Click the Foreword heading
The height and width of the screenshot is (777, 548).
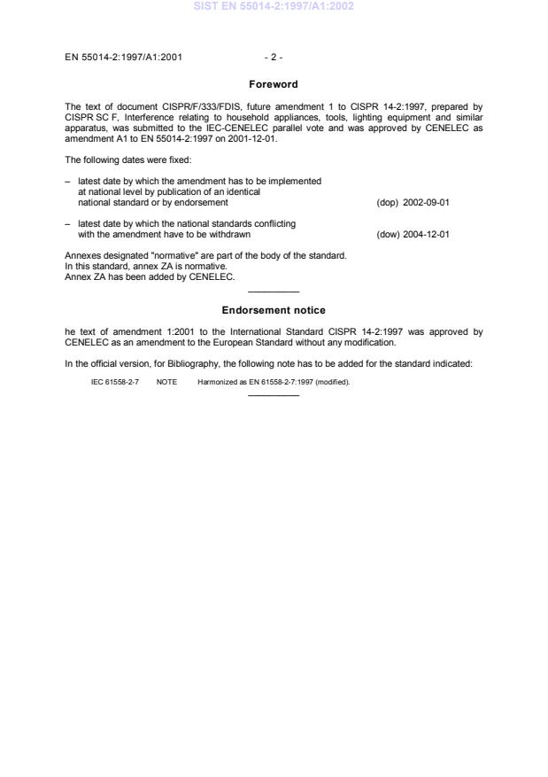pos(273,85)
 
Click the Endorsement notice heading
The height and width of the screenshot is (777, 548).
pos(273,310)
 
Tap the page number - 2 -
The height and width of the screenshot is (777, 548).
pos(273,58)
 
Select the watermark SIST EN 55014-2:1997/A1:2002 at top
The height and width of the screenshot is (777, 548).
pos(274,7)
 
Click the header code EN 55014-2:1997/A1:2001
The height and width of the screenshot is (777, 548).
pos(125,58)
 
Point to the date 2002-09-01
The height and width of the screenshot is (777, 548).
pos(426,202)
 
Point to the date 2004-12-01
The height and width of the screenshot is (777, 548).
pos(426,235)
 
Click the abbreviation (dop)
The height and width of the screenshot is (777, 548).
pos(388,202)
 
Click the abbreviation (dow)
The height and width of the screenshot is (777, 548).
pos(388,235)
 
